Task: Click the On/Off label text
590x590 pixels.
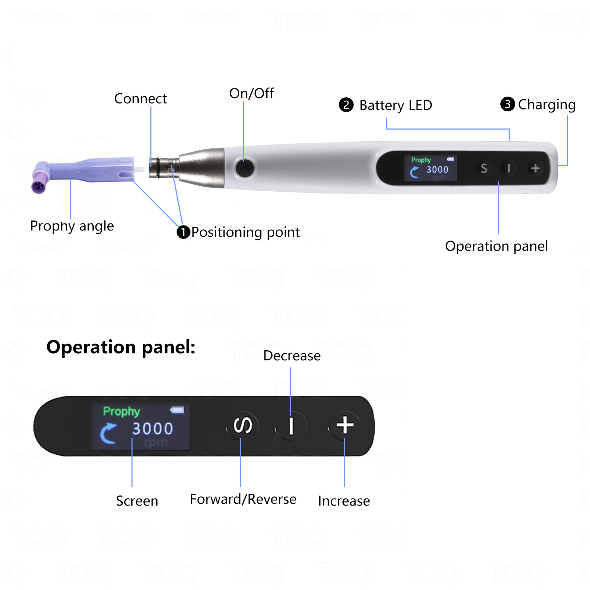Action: point(251,94)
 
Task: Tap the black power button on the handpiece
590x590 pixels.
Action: point(244,168)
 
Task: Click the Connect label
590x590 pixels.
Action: point(140,99)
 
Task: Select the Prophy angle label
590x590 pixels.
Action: point(72,226)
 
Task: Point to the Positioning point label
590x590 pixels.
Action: point(245,232)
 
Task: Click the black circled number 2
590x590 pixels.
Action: point(346,105)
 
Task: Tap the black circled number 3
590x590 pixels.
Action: point(507,104)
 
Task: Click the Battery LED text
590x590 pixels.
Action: point(396,105)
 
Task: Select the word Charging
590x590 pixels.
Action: point(547,105)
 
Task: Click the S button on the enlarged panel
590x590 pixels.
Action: point(243,426)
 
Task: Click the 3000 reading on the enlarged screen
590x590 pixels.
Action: point(153,428)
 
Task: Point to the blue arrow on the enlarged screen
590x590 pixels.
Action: point(108,433)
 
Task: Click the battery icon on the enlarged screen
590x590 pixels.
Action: point(177,410)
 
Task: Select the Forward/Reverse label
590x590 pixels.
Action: point(243,499)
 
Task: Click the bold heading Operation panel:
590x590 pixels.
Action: point(121,347)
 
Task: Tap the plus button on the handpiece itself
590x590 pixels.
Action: point(535,168)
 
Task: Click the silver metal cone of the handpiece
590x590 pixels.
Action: point(203,168)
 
